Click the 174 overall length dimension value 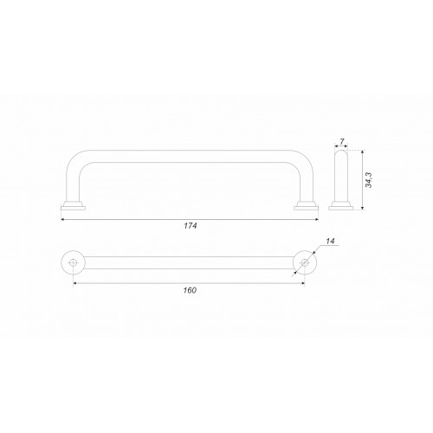click(191, 226)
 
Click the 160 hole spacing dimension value click(190, 290)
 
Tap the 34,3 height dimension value click(369, 180)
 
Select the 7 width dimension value click(342, 141)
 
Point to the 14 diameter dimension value click(330, 241)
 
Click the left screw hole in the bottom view click(73, 262)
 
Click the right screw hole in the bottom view click(305, 262)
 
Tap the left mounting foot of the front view click(73, 205)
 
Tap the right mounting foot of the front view click(307, 205)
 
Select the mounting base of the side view click(341, 205)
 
